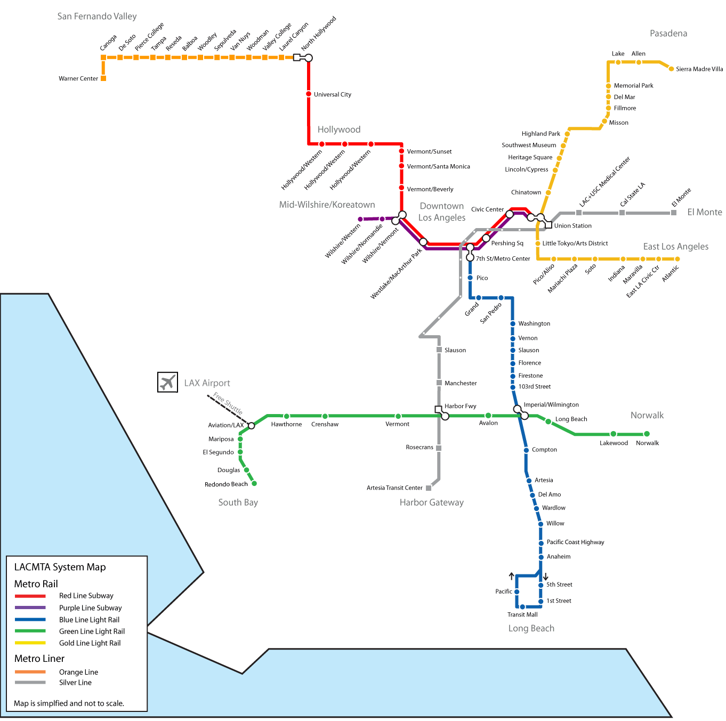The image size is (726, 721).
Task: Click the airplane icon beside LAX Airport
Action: pos(167,382)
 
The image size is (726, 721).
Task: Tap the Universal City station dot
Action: pos(309,94)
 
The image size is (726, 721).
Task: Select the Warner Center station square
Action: pos(103,78)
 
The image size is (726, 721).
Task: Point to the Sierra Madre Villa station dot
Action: pos(671,69)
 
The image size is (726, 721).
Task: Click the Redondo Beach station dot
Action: pos(254,483)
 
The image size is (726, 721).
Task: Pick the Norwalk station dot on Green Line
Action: pos(647,434)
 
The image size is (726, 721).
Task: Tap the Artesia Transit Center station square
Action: pos(429,488)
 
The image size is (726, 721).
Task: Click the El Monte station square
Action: pos(674,213)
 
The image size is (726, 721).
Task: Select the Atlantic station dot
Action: pos(677,259)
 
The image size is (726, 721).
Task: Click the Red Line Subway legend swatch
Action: pos(30,596)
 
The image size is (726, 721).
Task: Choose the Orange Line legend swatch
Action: pos(30,672)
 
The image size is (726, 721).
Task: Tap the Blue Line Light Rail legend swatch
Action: pos(30,620)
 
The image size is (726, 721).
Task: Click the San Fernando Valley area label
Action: pos(97,17)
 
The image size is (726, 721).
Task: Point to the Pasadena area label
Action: pos(668,34)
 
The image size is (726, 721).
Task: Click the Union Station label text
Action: pos(572,226)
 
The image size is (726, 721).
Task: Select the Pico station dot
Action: pos(470,278)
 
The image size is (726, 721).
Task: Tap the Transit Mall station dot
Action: pos(522,607)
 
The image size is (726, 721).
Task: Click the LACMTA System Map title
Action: pos(60,567)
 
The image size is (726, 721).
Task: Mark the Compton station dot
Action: pos(526,450)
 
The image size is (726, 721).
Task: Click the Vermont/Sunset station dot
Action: pos(401,151)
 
